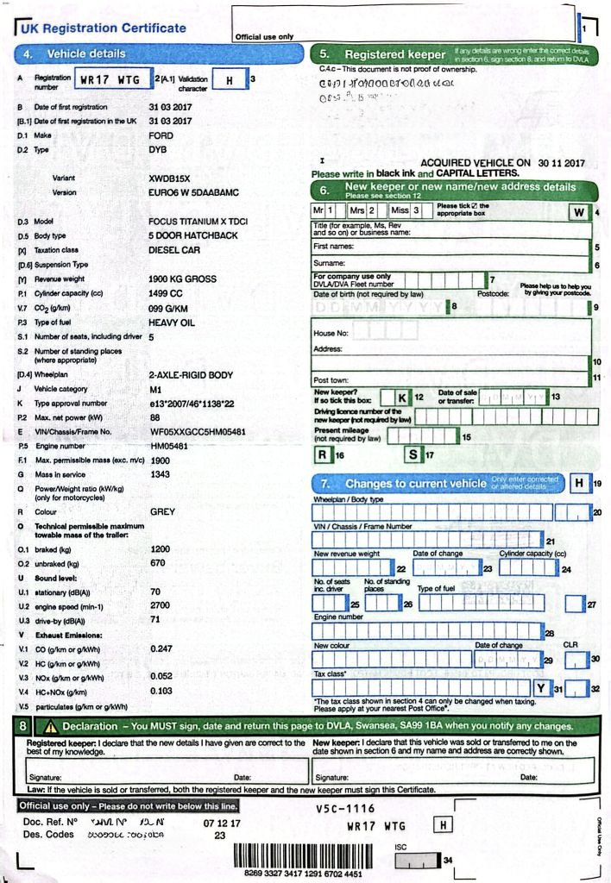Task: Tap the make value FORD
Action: pyautogui.click(x=161, y=136)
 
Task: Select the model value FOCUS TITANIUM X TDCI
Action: pyautogui.click(x=198, y=222)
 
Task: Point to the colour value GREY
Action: pyautogui.click(x=162, y=511)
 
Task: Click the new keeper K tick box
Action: pyautogui.click(x=402, y=397)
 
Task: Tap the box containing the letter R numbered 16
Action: pyautogui.click(x=323, y=454)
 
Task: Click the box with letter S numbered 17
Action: pyautogui.click(x=414, y=454)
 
